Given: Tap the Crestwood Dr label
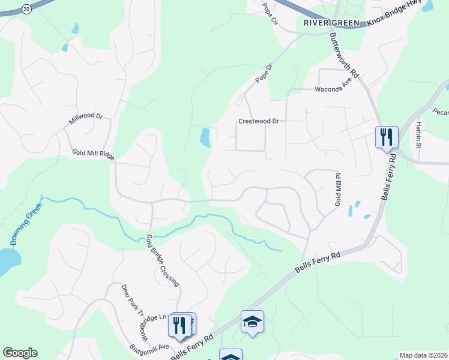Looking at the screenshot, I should pos(259,121).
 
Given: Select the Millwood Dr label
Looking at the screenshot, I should pos(86,117).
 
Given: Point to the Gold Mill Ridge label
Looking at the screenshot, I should pos(93,154).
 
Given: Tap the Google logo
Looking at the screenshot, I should pos(20,353).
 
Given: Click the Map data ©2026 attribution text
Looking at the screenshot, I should pos(423,355).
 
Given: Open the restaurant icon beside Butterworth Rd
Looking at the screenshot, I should pos(387,137).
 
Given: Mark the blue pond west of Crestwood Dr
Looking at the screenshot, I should pos(205,138).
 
